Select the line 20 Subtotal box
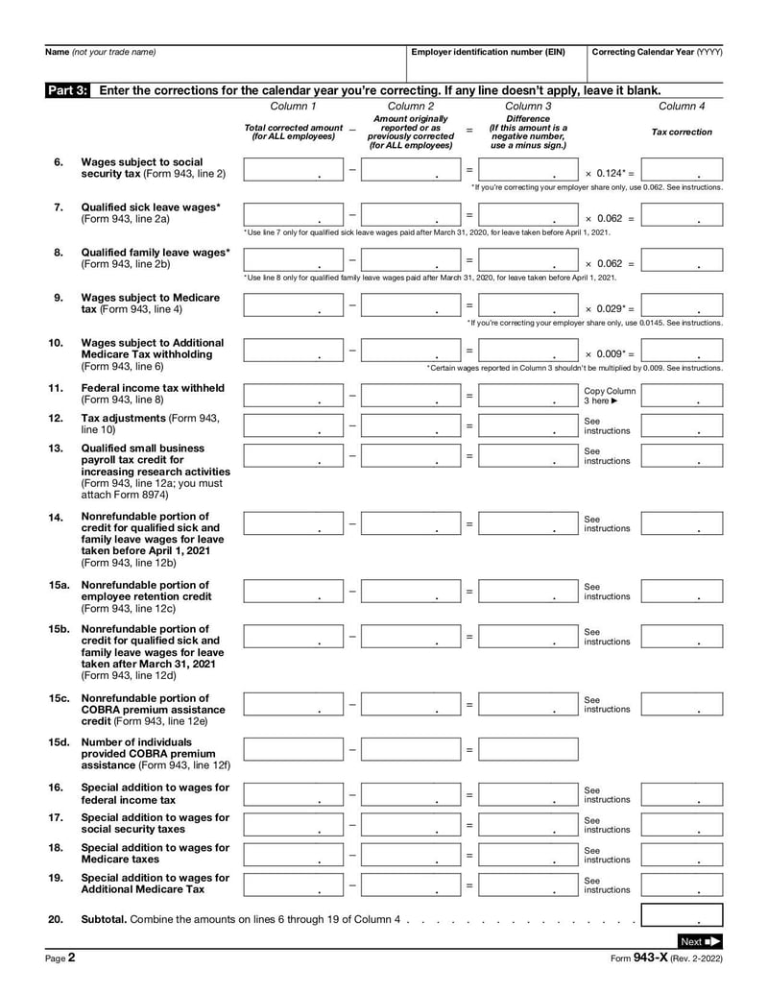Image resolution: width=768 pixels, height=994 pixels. point(682,917)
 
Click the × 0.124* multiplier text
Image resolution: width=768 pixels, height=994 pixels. point(610,174)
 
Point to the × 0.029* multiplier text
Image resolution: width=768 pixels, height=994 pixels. point(610,308)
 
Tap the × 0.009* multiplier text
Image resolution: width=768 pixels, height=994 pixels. point(610,353)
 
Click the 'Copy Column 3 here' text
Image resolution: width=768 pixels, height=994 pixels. point(610,396)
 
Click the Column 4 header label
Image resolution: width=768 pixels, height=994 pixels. point(682,106)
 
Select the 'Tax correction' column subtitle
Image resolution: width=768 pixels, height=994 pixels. point(682,132)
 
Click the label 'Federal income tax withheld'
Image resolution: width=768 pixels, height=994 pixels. point(153,388)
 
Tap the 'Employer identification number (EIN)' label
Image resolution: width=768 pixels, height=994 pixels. point(488,52)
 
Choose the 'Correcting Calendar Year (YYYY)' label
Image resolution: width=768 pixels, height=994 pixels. point(657,52)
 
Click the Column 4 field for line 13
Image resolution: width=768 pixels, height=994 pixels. point(682,455)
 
